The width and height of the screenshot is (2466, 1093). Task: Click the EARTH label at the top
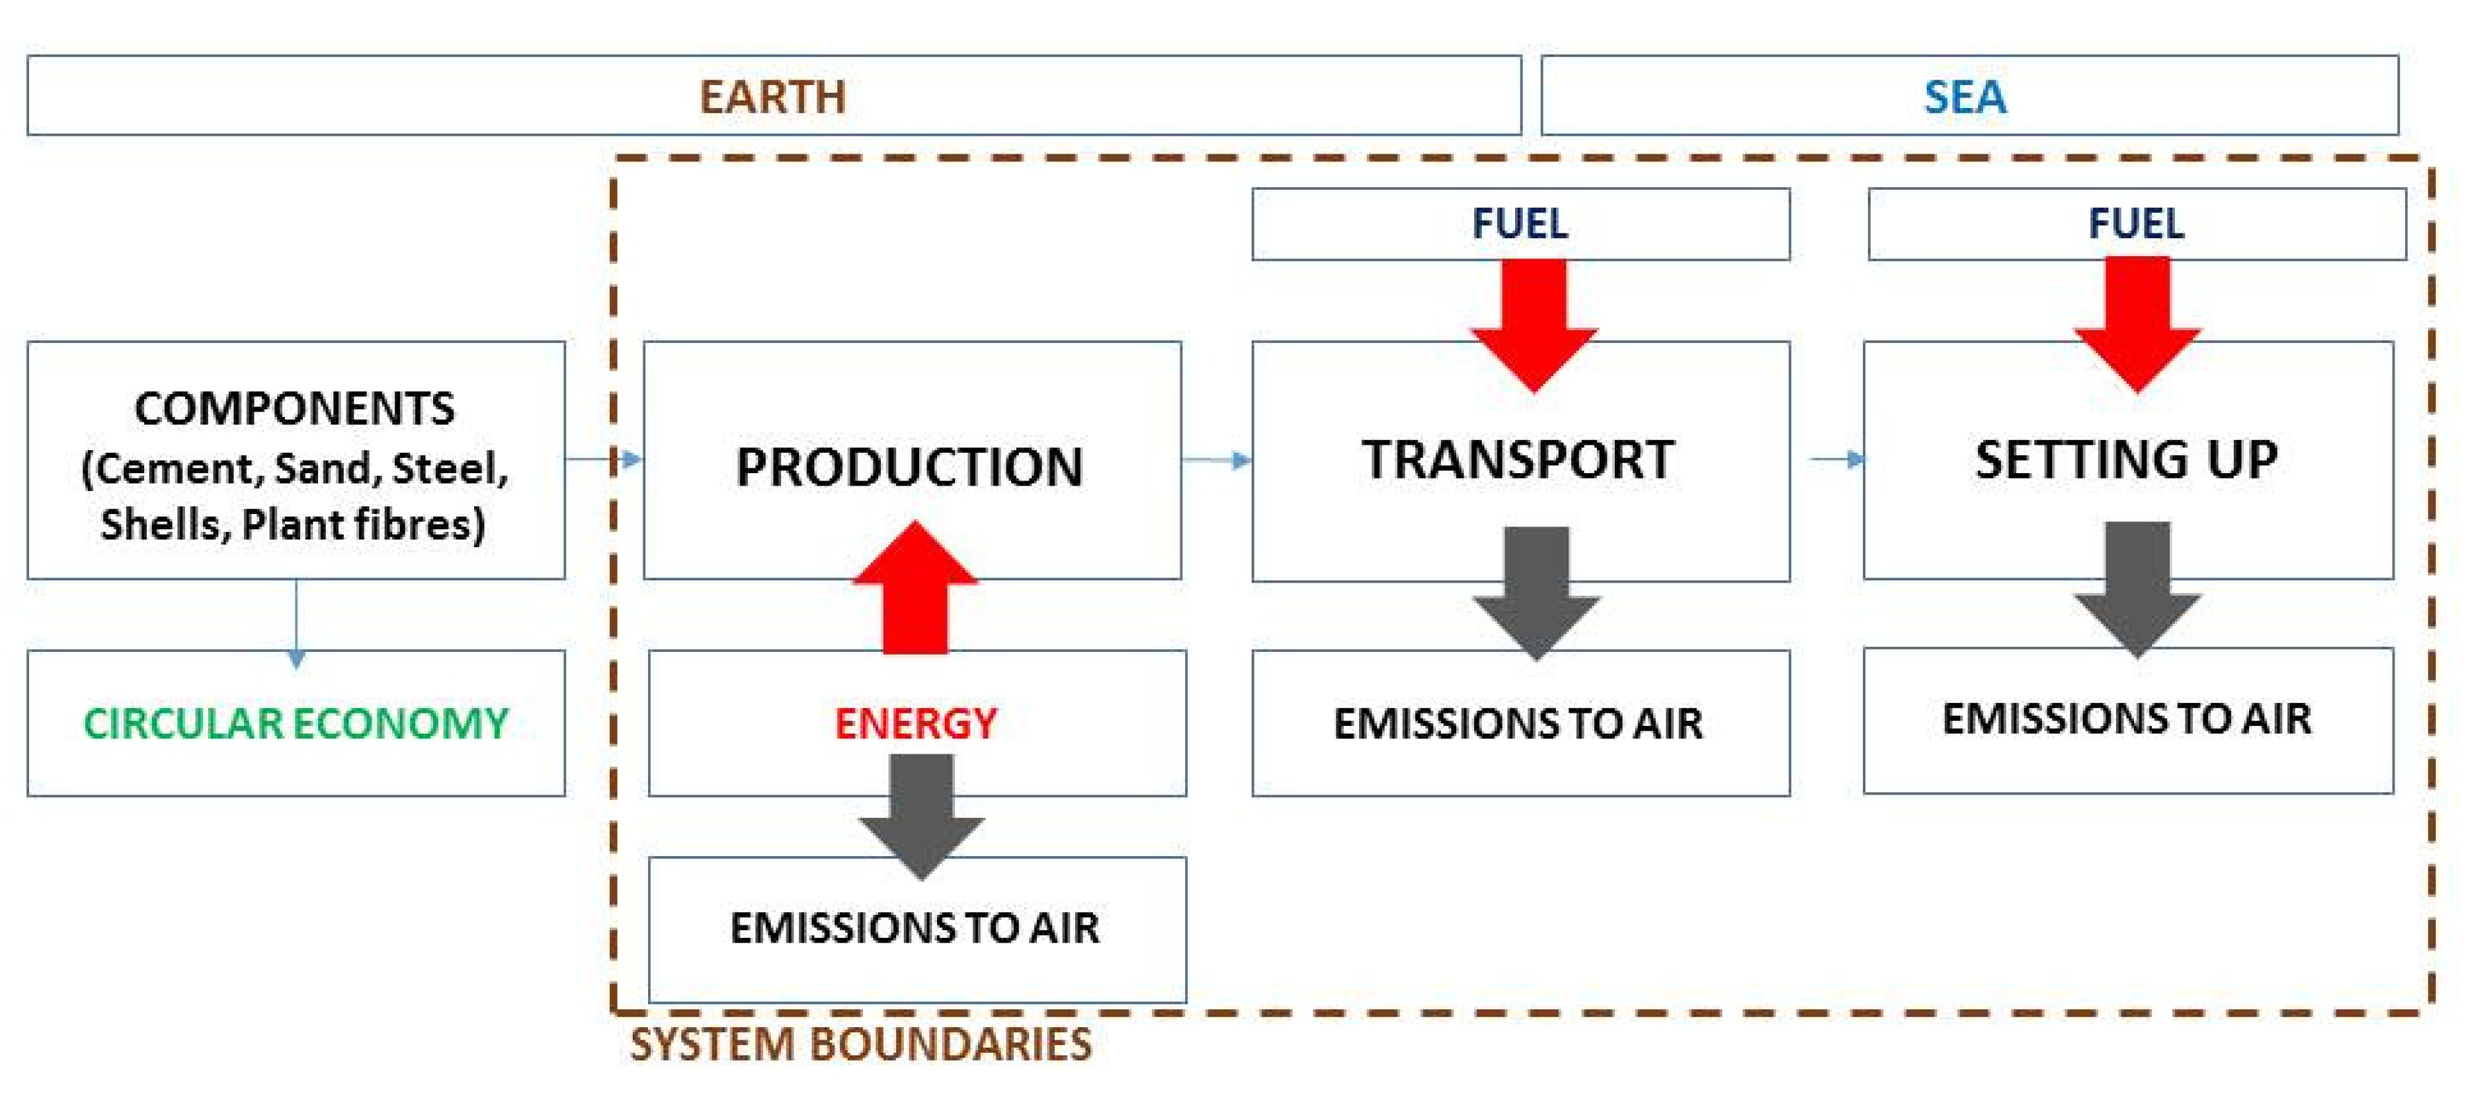point(773,97)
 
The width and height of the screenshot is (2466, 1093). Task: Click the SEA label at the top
point(1966,97)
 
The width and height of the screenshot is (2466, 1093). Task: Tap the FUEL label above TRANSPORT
point(1520,224)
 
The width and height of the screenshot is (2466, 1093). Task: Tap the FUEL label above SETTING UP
point(2137,224)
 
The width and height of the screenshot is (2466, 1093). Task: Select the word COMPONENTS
point(295,409)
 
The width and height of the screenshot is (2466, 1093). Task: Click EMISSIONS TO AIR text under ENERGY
point(915,928)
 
